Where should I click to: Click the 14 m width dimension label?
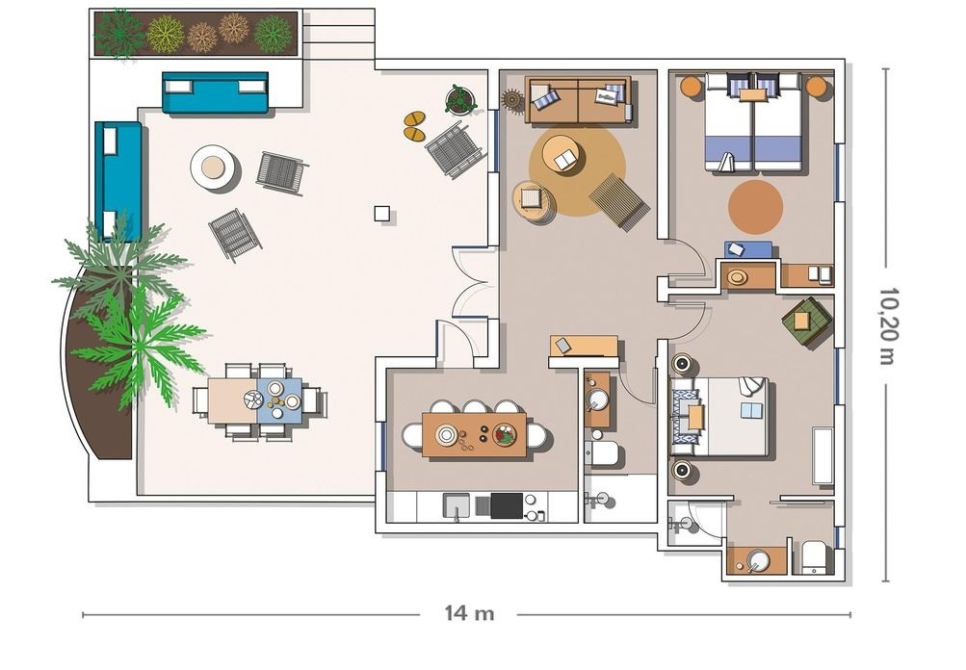click(x=469, y=613)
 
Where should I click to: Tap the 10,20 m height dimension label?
click(x=887, y=325)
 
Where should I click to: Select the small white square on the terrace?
click(x=382, y=213)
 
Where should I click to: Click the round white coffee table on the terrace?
click(x=213, y=167)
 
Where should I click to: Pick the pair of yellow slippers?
click(x=414, y=125)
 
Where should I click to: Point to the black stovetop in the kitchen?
click(x=507, y=506)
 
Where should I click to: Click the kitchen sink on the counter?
click(x=457, y=506)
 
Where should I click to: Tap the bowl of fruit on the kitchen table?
click(x=505, y=435)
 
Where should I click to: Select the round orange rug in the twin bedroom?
click(x=755, y=207)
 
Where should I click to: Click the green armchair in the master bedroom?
click(x=806, y=319)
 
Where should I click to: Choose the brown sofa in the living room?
click(x=579, y=100)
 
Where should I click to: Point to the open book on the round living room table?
click(x=566, y=161)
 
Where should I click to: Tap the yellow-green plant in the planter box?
click(x=165, y=34)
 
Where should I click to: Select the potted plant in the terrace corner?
click(x=459, y=100)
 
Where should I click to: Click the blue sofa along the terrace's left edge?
click(x=117, y=180)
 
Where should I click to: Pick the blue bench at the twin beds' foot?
click(x=748, y=249)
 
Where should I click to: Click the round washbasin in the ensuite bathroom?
click(x=758, y=559)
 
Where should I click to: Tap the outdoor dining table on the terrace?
click(x=254, y=400)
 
